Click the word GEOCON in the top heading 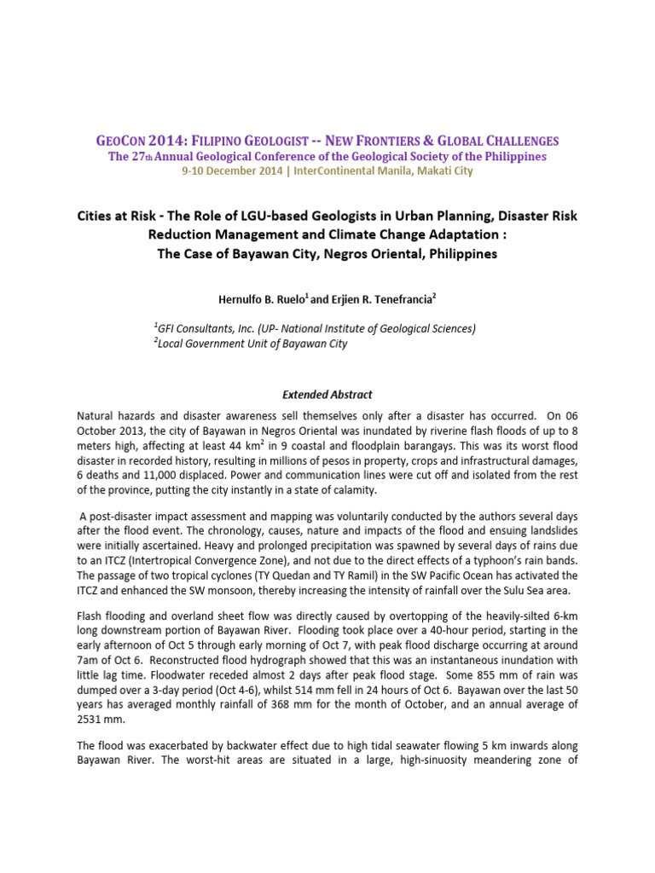pyautogui.click(x=121, y=141)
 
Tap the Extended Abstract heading pyautogui.click(x=327, y=395)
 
